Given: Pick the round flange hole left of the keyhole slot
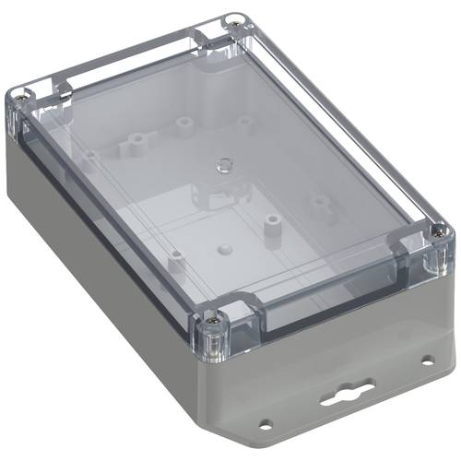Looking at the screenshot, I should click(x=266, y=425).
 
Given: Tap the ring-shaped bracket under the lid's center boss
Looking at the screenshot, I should click(x=218, y=195).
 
